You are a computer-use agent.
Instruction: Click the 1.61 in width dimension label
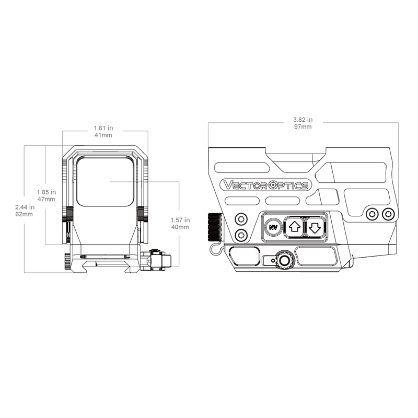click(103, 128)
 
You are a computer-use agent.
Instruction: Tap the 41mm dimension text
click(103, 135)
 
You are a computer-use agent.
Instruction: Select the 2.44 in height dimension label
click(25, 207)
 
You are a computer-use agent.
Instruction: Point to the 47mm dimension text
click(46, 199)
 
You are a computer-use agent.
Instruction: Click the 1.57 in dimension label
click(180, 220)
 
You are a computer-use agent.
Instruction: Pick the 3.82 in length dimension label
click(303, 120)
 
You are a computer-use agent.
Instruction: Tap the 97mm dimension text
click(303, 126)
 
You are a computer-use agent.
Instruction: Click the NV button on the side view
click(273, 227)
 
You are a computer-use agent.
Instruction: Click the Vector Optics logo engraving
click(266, 185)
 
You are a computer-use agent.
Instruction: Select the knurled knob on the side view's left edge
click(215, 226)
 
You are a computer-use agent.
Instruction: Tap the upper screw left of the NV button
click(241, 219)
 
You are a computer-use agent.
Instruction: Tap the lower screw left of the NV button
click(241, 235)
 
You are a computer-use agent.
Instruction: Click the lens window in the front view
click(105, 181)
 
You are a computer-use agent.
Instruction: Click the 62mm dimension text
click(24, 214)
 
